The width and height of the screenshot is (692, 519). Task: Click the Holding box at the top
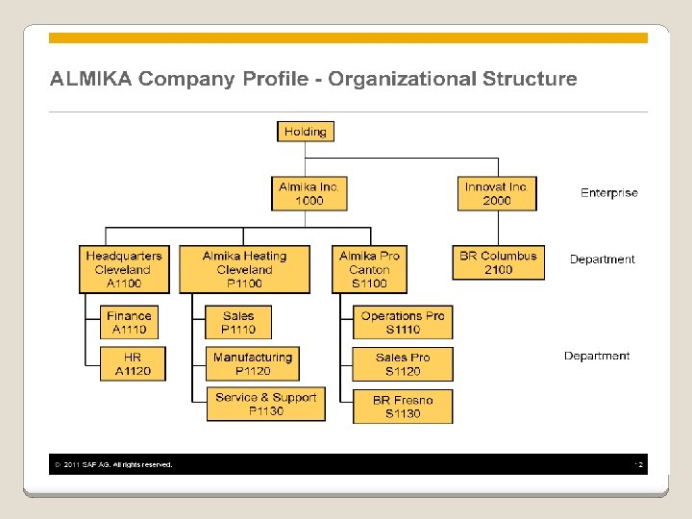coord(306,132)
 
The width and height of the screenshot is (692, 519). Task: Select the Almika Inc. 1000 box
coord(309,193)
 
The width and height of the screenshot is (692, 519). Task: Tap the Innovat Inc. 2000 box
coord(496,193)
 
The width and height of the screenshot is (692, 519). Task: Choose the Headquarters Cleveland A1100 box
coord(123,269)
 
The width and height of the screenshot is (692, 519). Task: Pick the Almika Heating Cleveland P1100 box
coord(244,269)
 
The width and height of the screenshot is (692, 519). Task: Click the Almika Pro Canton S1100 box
coord(369,269)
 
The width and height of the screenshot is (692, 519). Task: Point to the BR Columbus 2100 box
coord(498,262)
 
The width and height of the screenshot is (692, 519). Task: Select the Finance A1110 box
coord(129,322)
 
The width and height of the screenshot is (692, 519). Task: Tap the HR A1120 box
coord(133,363)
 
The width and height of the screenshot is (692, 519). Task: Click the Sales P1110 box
coord(238,322)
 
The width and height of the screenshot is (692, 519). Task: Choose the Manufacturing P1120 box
coord(252,363)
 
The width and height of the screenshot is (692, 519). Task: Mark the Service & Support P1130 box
coord(265,404)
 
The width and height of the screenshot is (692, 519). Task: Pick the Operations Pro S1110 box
coord(403,322)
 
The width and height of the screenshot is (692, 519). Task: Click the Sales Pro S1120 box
coord(403,363)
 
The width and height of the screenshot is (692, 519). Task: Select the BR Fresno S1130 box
coord(403,407)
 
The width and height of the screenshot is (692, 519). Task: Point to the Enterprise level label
coord(608,193)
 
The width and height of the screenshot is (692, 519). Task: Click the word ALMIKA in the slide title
coord(92,79)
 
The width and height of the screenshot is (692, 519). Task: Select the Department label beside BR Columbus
coord(602,259)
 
